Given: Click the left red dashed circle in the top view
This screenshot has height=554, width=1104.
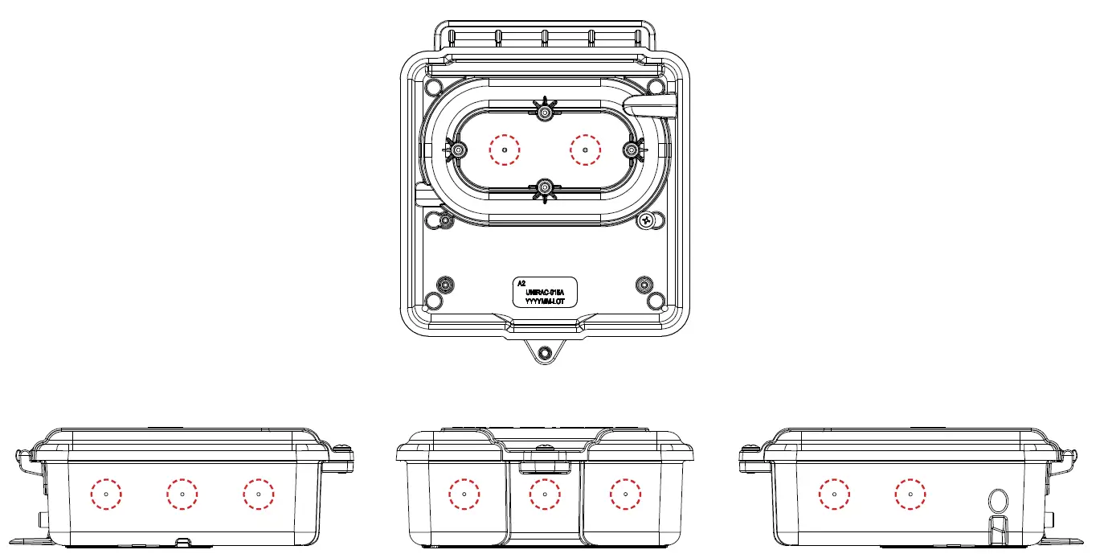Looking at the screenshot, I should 505,150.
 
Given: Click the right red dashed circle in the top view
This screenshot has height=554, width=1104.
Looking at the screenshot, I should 585,150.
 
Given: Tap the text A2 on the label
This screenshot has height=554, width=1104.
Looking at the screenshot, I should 521,284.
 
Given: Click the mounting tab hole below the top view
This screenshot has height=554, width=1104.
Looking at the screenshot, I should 545,352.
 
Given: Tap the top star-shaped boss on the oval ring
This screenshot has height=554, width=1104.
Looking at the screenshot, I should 545,110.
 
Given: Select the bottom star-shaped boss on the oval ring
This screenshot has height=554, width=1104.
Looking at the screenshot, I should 545,188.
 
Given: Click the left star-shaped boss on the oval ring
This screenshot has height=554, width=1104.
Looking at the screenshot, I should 457,150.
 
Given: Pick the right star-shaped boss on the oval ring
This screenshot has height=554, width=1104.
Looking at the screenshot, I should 632,150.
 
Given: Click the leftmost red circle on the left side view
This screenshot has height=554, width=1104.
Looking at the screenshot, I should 106,494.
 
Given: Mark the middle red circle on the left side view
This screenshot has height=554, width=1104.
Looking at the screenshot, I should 182,494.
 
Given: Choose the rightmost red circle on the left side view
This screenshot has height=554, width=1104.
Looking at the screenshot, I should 258,494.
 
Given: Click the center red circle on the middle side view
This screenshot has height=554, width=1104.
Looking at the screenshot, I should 545,494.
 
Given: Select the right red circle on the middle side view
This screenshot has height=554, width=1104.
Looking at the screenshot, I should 624,494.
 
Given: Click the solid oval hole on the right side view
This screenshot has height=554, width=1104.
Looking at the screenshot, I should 996,500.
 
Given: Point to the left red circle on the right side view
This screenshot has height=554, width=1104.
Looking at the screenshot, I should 835,494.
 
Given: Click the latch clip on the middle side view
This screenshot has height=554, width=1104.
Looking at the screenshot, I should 545,465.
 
